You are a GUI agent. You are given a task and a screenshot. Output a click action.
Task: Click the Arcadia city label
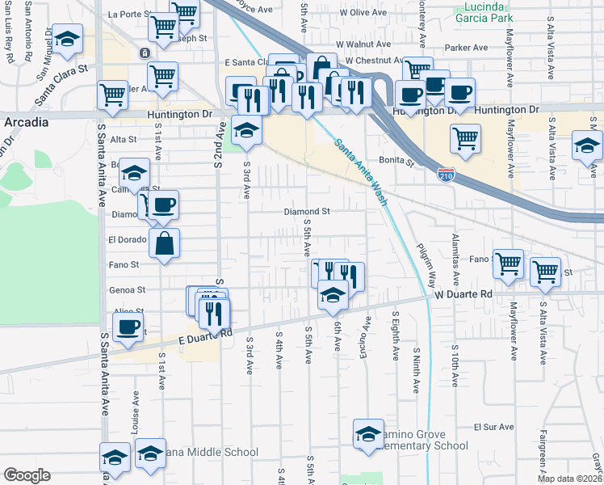[x=26, y=121]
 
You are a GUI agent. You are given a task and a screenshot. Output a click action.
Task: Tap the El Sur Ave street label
[x=493, y=426]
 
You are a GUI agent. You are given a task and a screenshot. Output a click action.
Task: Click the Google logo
[x=27, y=475]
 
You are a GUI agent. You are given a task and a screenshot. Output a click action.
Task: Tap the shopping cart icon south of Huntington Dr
[x=465, y=139]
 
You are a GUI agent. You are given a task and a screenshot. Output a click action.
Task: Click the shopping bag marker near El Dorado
[x=164, y=242]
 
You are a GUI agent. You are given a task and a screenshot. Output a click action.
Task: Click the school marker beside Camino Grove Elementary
[x=368, y=434]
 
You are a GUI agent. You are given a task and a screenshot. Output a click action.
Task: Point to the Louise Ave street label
[x=134, y=411]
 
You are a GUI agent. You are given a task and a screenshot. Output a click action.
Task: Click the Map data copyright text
[x=568, y=479]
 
